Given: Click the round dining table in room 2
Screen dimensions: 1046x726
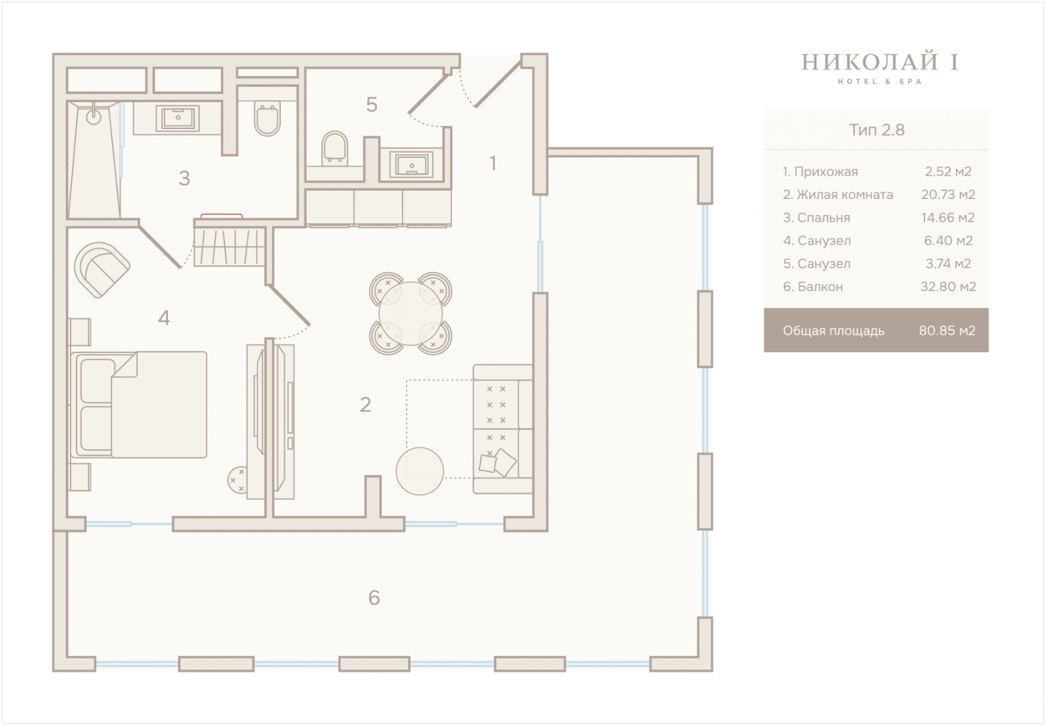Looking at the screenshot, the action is tap(410, 313).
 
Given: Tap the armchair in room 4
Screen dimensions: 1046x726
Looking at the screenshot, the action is tap(102, 270).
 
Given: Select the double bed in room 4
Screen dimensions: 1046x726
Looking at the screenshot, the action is tap(138, 405).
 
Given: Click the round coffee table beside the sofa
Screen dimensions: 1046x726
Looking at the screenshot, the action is tap(419, 471).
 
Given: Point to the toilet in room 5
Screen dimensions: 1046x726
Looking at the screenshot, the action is tap(335, 148).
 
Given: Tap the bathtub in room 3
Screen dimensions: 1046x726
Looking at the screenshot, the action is tap(94, 160).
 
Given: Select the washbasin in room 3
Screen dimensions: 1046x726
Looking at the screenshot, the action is tap(177, 117).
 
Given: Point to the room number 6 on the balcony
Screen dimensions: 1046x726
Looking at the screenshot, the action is tap(374, 598).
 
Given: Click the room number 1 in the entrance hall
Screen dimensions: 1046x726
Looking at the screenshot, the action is tap(492, 163).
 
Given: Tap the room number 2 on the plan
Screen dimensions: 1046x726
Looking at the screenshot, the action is tap(365, 404).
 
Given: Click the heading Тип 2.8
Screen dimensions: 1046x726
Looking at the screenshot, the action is tap(877, 130).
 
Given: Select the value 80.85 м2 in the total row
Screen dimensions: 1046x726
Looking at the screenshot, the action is tap(947, 331).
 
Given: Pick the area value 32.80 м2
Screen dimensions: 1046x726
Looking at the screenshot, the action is tap(948, 286).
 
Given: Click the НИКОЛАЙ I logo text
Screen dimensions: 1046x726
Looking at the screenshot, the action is tap(880, 62).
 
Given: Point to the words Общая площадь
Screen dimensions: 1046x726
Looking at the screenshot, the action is tap(834, 331).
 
